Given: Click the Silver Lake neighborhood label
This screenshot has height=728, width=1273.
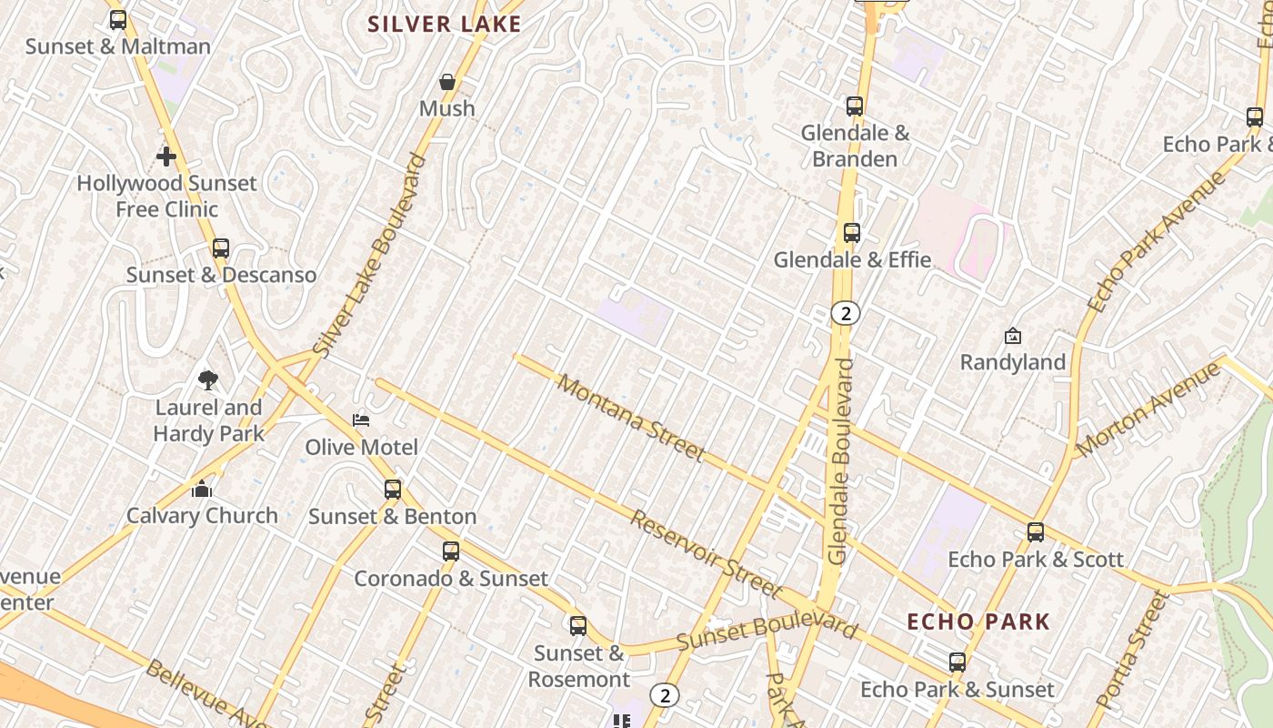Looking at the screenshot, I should tap(445, 25).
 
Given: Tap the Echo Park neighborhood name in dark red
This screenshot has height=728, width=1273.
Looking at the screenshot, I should tap(978, 622).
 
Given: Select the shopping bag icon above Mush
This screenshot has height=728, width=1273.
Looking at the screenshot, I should tap(447, 82).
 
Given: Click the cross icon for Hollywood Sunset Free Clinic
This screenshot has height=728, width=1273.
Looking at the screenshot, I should tap(166, 157).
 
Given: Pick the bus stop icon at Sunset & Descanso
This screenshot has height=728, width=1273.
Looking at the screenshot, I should tap(220, 248).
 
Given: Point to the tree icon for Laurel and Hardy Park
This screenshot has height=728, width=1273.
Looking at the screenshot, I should tap(208, 379).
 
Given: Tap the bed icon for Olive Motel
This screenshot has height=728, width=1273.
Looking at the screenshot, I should tap(361, 420).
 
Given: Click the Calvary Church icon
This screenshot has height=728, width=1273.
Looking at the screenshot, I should tap(202, 490).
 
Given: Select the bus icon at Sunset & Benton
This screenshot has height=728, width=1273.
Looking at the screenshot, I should tap(393, 490).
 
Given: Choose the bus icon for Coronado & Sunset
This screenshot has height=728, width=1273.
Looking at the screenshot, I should tap(451, 551).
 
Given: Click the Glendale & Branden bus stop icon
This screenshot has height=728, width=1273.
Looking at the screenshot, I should tap(855, 106).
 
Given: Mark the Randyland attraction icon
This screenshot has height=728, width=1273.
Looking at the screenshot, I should tap(1013, 336).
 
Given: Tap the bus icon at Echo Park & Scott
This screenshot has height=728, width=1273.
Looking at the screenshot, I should tap(1036, 532).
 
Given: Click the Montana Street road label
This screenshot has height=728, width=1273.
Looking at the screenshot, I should tap(631, 417).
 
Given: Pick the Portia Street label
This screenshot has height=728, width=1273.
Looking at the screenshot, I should tap(1130, 650).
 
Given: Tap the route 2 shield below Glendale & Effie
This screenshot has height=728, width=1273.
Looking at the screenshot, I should tap(846, 313).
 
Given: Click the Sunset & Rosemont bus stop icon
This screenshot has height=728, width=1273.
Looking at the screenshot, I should tap(578, 626).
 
